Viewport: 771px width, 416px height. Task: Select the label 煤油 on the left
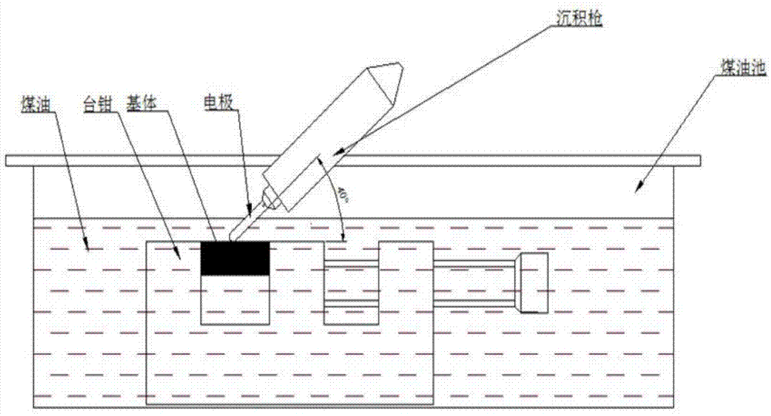(x=35, y=104)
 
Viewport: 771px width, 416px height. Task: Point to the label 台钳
(x=99, y=104)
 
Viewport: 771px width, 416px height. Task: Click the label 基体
(x=141, y=103)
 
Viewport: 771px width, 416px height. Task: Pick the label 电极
(x=218, y=103)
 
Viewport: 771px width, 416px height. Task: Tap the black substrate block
(x=235, y=258)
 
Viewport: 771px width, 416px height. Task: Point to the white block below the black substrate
(x=235, y=299)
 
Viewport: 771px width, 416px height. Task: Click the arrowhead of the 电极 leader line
(x=251, y=210)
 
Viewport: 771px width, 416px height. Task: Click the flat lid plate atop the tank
(x=353, y=161)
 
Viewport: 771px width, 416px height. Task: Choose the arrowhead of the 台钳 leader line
(x=179, y=254)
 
